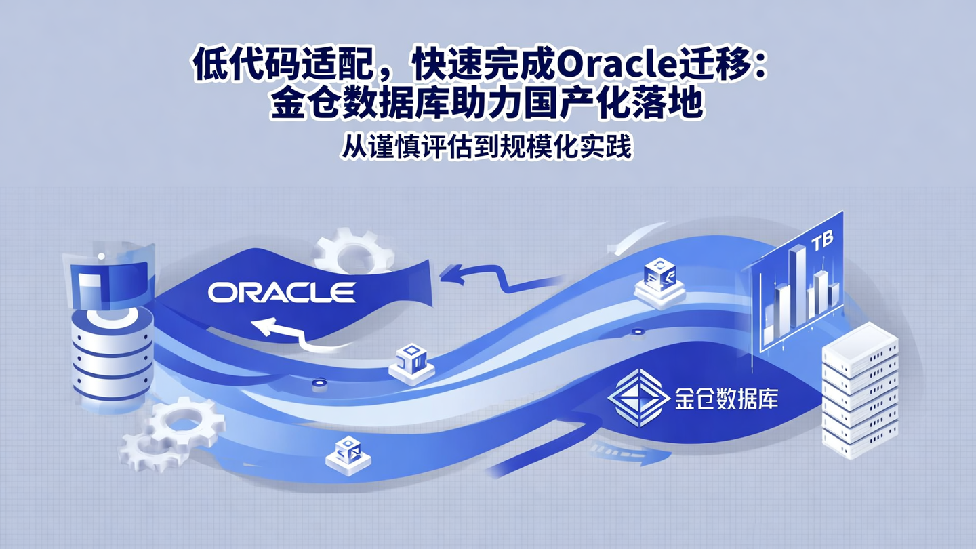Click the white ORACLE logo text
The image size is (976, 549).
point(281,292)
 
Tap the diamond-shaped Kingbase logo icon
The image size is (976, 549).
point(634,398)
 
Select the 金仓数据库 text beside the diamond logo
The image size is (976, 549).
point(725,399)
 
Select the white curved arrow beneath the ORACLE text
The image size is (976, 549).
point(285,332)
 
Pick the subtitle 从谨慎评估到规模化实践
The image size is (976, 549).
point(486,147)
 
